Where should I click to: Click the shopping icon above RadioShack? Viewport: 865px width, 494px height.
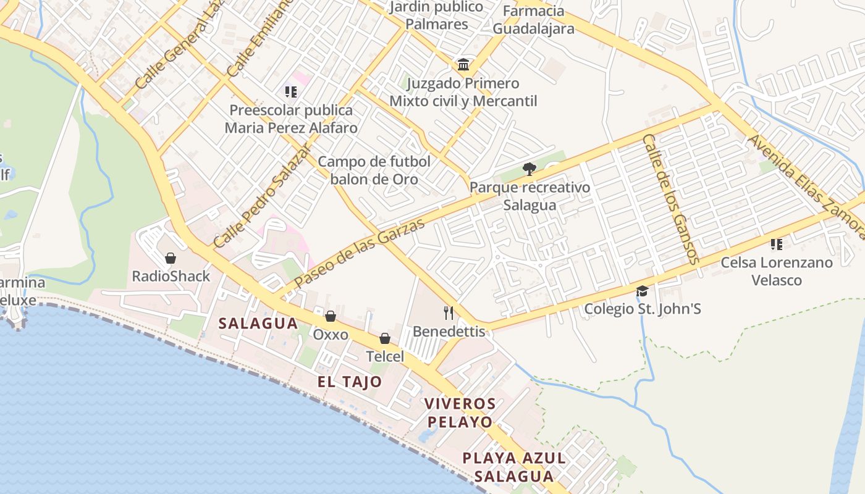point(171,257)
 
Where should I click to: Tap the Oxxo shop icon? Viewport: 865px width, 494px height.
point(331,316)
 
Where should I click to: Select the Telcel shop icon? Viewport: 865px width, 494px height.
point(385,338)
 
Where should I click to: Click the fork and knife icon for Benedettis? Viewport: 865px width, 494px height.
point(449,313)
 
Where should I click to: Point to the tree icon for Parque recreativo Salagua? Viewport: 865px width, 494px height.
point(529,169)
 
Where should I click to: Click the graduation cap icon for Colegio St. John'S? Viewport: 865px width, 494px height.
point(643,291)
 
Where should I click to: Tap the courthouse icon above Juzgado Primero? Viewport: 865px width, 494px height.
point(463,64)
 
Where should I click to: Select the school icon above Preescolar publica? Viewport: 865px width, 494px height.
point(291,92)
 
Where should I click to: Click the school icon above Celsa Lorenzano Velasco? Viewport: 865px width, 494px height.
point(777,244)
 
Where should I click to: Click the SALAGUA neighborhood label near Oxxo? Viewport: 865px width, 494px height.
point(258,324)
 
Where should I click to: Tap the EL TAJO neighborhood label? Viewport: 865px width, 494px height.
point(350,382)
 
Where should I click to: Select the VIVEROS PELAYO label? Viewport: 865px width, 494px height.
point(460,413)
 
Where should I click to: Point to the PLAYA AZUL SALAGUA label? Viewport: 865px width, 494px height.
point(514,467)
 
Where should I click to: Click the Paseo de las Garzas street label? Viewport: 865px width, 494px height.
point(360,253)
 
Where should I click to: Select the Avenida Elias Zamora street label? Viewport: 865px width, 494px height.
point(806,185)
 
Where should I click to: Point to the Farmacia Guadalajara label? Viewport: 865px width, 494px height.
point(533,20)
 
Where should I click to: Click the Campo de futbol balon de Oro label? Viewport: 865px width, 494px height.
point(374,170)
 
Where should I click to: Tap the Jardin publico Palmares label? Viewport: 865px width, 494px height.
point(436,15)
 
